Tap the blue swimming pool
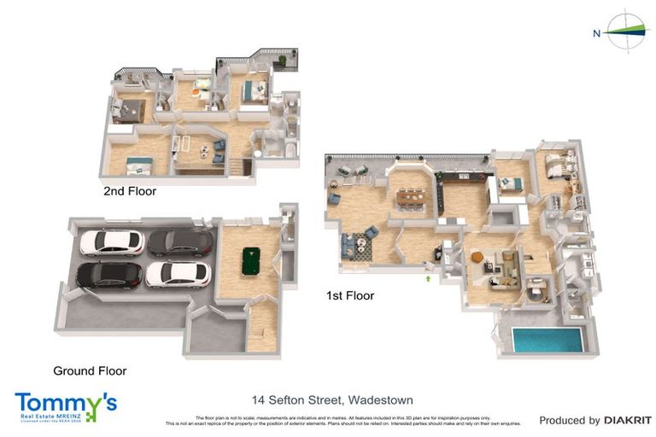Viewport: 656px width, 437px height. click(547, 339)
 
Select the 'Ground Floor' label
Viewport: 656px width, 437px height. click(90, 370)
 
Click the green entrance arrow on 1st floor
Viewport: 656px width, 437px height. click(428, 276)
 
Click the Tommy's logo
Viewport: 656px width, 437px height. click(65, 404)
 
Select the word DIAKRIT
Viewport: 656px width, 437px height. click(628, 420)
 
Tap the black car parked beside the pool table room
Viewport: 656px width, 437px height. click(180, 242)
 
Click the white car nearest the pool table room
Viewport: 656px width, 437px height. click(178, 274)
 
